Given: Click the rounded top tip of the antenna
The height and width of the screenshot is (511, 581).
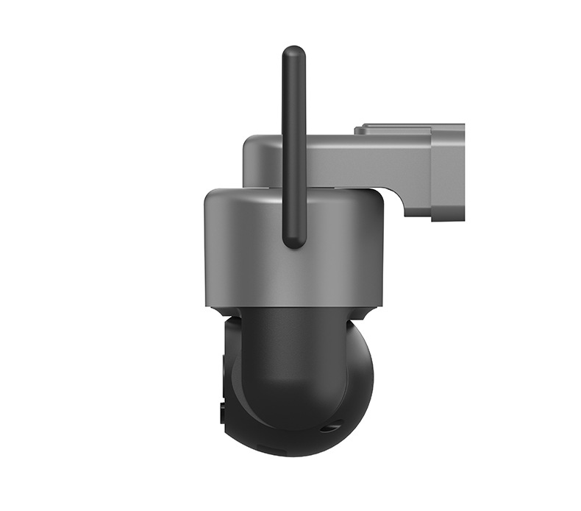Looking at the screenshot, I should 294,52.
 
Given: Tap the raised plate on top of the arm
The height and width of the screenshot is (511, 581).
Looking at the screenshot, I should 393,130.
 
